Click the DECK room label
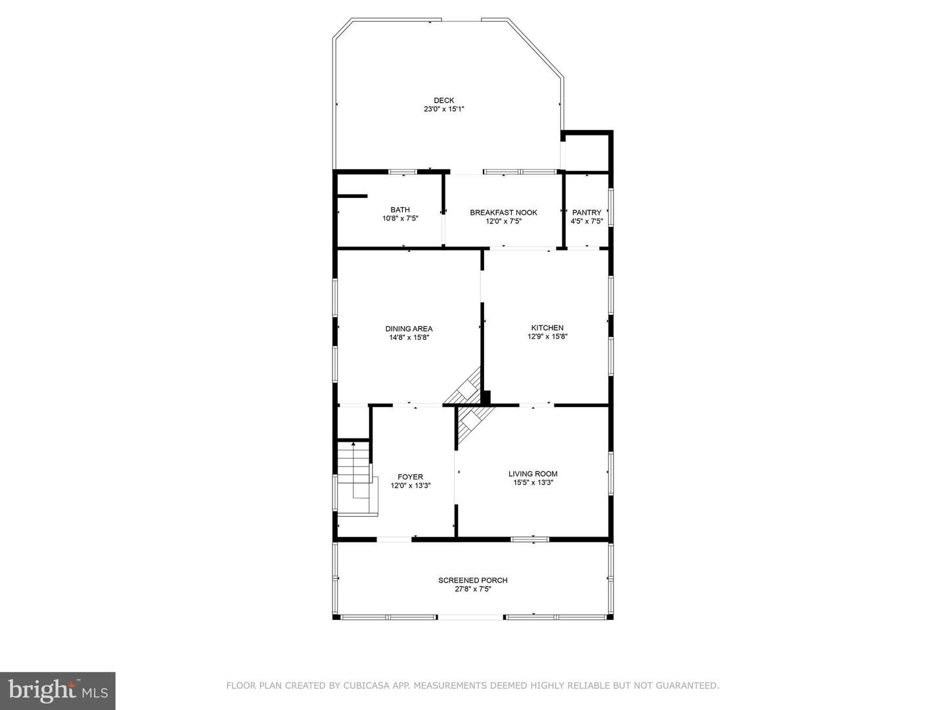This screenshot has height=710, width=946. [x=443, y=101]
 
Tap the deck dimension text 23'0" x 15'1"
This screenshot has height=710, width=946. [x=443, y=110]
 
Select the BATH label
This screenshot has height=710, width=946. [x=400, y=210]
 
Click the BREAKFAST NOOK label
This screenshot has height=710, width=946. [x=503, y=212]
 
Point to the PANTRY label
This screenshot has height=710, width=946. [x=587, y=212]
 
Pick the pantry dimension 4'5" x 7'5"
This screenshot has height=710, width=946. [x=587, y=222]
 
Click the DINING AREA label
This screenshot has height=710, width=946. [x=409, y=329]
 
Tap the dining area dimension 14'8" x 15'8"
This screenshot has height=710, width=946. [x=409, y=338]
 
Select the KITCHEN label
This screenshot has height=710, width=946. [x=547, y=327]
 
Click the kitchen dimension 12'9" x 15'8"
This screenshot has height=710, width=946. [x=547, y=337]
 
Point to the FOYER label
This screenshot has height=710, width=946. [x=410, y=477]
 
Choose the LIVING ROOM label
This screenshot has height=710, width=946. [x=533, y=473]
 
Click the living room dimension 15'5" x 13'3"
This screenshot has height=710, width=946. [x=533, y=483]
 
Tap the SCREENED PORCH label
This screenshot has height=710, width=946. [x=472, y=580]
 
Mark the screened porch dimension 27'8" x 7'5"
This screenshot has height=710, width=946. [x=472, y=589]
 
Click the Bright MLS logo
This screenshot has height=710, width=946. [x=58, y=690]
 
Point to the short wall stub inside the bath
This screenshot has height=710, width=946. [x=351, y=195]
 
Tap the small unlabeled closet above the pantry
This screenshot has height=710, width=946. [x=587, y=152]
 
